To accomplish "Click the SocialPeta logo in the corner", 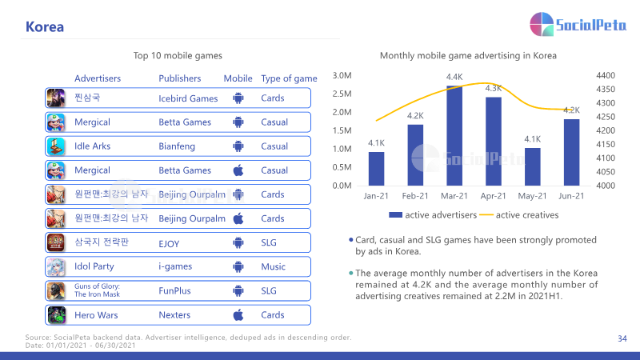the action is point(578,24).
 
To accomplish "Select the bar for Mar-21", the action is point(454,135).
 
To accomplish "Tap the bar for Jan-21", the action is point(376,169).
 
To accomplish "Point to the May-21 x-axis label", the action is point(532,196).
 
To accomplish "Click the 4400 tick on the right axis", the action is point(606,75).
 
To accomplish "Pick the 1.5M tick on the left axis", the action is point(342,130).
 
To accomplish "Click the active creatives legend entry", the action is point(518,215).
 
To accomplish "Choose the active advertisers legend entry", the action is point(433,215).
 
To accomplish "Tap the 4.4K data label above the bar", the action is point(454,77).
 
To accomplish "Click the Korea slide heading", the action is point(45,27).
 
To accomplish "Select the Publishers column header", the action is point(179,78).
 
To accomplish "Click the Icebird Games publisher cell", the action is point(188,98).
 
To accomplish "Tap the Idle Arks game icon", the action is point(56,146).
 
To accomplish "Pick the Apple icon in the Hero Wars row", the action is point(238,314).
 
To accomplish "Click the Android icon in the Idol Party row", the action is point(238,267).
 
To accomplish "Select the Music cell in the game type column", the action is point(273,266).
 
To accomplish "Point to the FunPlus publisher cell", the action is point(174,290).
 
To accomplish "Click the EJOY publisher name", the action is point(169,244).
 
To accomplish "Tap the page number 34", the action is point(622,338).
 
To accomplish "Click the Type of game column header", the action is point(289,78).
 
